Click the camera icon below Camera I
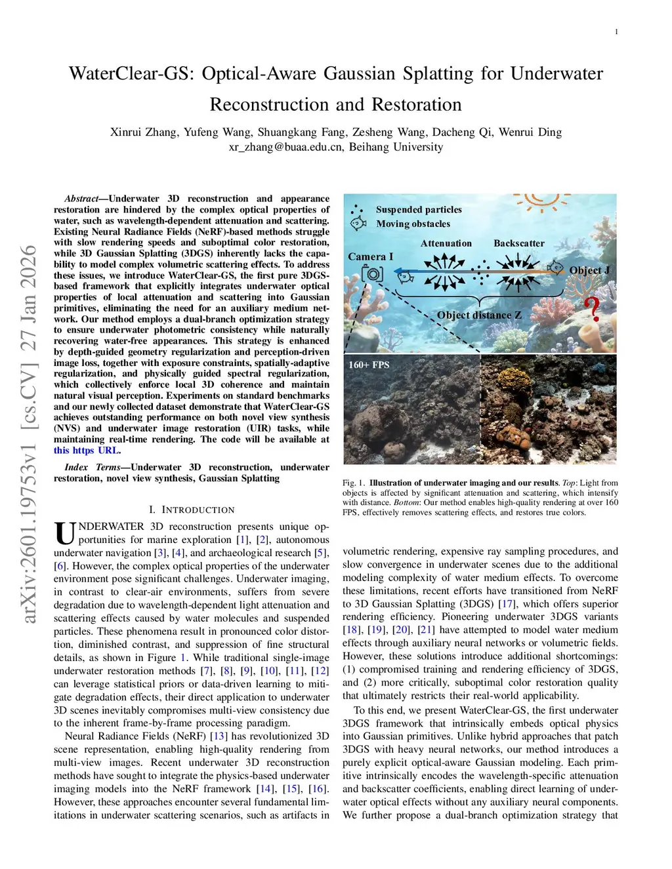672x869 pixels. [372, 273]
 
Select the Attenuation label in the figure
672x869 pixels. [446, 243]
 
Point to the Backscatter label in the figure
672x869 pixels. [518, 243]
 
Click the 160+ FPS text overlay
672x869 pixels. [369, 365]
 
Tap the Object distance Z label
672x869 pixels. [479, 315]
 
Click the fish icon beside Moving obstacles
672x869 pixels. [358, 224]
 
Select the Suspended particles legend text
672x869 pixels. [419, 210]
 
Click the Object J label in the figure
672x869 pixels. [589, 270]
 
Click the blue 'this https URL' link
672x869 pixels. [87, 451]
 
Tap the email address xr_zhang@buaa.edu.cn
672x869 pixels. [285, 147]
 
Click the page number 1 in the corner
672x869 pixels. [616, 32]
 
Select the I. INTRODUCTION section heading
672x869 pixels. [192, 510]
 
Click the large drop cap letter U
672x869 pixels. [64, 533]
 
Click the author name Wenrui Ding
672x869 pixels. [530, 132]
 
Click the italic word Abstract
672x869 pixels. [81, 199]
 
